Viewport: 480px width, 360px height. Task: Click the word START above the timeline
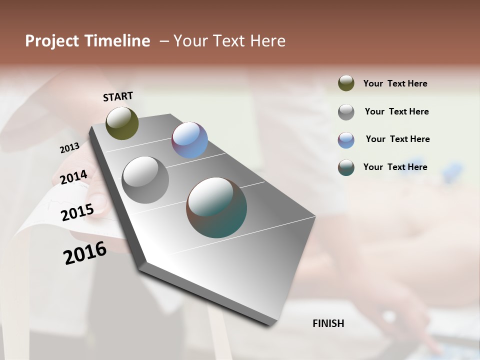(118, 96)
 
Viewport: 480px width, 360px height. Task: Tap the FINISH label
(328, 323)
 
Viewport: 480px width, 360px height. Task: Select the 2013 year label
(69, 147)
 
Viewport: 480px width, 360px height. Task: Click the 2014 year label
(73, 177)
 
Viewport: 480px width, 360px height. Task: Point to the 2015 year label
(77, 212)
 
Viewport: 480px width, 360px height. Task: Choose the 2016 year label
(85, 253)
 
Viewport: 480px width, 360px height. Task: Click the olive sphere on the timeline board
(122, 123)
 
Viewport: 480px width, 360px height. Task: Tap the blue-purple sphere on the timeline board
(189, 140)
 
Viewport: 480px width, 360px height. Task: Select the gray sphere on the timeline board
(145, 180)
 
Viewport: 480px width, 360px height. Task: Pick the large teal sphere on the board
(216, 207)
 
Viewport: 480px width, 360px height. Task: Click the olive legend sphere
(346, 83)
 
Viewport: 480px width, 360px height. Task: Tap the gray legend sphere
(346, 112)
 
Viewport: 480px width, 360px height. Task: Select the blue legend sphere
(346, 140)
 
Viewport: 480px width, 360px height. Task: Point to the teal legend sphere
(346, 167)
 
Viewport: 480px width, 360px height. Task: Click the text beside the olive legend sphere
(395, 84)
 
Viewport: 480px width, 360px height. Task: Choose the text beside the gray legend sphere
(396, 112)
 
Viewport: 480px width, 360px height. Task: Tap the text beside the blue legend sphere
(397, 139)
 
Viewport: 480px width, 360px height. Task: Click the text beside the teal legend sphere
(395, 167)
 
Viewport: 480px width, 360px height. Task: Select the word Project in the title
(52, 41)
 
